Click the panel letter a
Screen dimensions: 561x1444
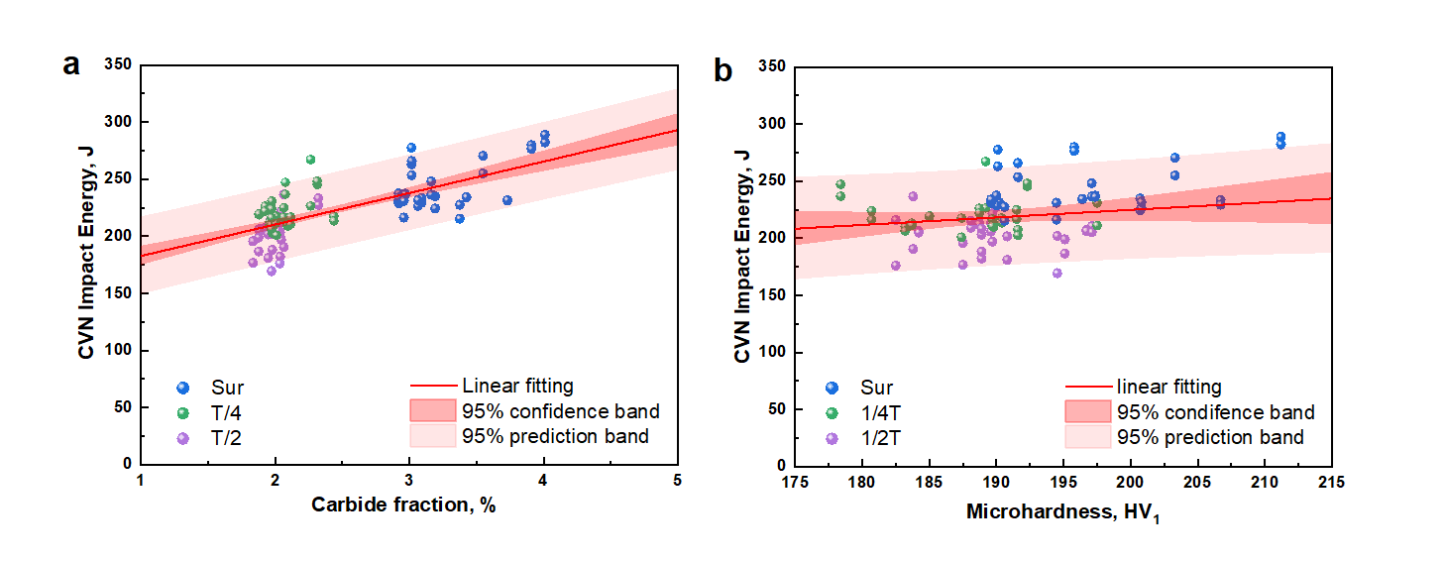tap(71, 65)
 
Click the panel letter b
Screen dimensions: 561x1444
tap(723, 69)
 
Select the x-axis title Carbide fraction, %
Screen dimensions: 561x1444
tap(403, 505)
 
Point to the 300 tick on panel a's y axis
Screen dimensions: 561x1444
tap(120, 122)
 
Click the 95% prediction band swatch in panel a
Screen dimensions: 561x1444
tap(431, 436)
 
